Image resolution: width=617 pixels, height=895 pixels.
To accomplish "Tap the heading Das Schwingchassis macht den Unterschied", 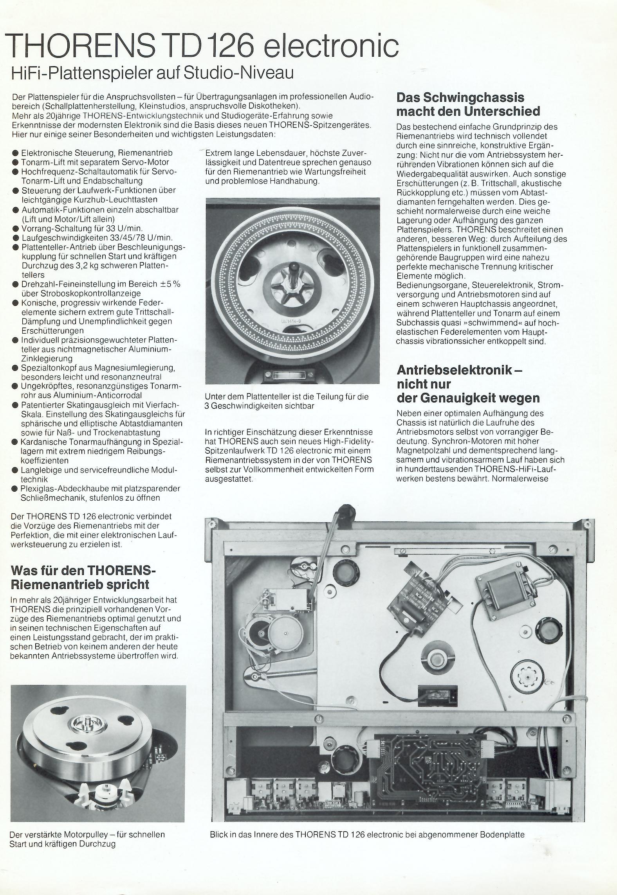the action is click(468, 104).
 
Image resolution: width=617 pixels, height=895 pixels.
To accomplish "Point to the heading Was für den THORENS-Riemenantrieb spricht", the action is click(84, 577).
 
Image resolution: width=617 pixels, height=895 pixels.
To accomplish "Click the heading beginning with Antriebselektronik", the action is click(468, 383).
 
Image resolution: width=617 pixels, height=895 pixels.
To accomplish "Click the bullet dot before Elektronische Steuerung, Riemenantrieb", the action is click(15, 153).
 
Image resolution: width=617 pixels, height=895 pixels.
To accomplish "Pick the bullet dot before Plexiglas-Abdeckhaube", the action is click(15, 489).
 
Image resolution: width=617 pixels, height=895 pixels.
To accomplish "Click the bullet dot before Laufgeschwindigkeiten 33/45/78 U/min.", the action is click(15, 238).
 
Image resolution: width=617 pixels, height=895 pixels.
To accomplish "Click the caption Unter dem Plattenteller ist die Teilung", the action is click(287, 401).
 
